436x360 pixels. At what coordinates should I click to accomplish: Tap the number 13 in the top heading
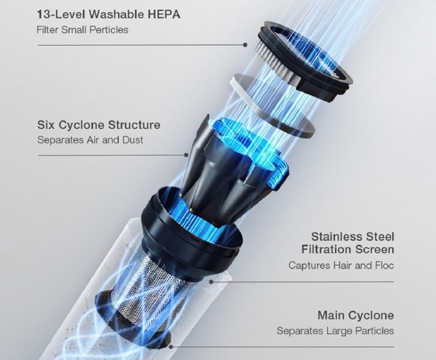pyautogui.click(x=44, y=15)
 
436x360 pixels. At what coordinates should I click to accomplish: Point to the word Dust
pyautogui.click(x=132, y=140)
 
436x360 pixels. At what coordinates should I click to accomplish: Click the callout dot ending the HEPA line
pyautogui.click(x=245, y=45)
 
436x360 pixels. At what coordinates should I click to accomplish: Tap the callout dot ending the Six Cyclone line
pyautogui.click(x=186, y=155)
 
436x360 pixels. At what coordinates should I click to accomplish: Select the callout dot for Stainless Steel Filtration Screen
pyautogui.click(x=211, y=282)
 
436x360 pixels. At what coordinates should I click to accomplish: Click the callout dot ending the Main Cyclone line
pyautogui.click(x=171, y=347)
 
